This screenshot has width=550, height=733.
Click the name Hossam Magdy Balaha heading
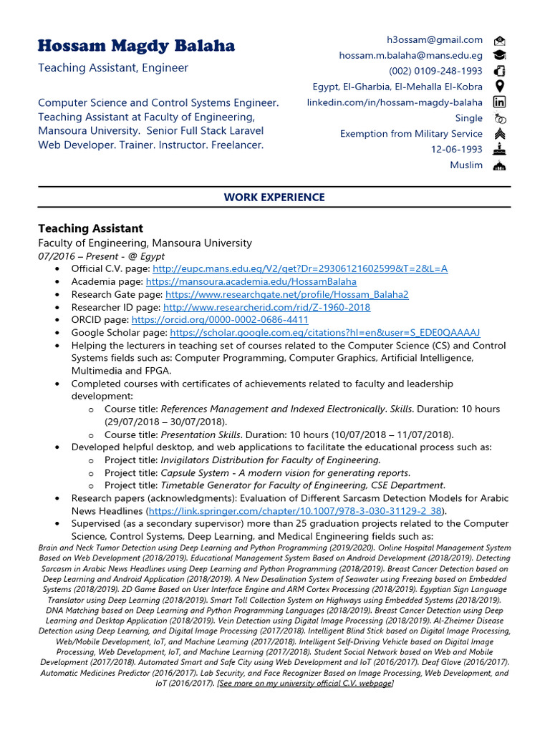tap(136, 47)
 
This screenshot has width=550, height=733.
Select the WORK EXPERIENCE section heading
tap(274, 197)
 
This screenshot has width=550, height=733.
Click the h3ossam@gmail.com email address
tap(435, 40)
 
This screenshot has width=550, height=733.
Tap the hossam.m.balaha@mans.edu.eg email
tap(410, 55)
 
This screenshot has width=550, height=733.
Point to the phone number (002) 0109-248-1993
tap(435, 71)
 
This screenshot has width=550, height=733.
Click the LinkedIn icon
tap(500, 102)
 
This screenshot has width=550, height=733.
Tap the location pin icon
tap(500, 87)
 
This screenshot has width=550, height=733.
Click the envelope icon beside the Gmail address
tap(500, 40)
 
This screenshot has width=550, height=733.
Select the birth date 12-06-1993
tap(456, 150)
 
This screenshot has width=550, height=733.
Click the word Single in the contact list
tap(468, 118)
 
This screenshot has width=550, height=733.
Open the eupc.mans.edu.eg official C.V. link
tap(300, 268)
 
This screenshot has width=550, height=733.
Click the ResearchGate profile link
tap(286, 294)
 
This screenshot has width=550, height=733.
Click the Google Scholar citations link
tap(324, 333)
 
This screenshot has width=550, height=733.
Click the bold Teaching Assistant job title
tap(90, 228)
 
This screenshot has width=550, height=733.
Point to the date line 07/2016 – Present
tap(101, 256)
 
